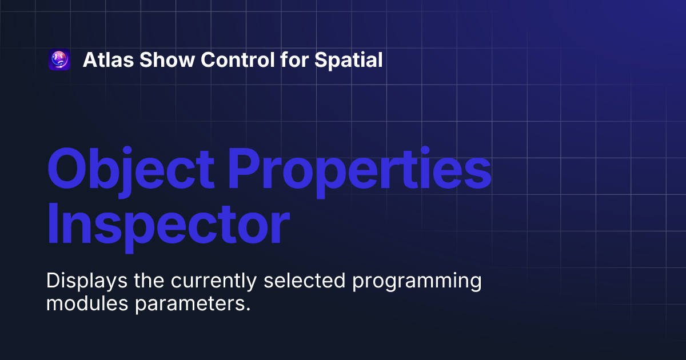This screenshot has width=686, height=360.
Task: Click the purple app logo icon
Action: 59,59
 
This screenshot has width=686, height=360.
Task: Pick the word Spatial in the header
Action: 349,59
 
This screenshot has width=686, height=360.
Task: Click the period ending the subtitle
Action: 249,309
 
